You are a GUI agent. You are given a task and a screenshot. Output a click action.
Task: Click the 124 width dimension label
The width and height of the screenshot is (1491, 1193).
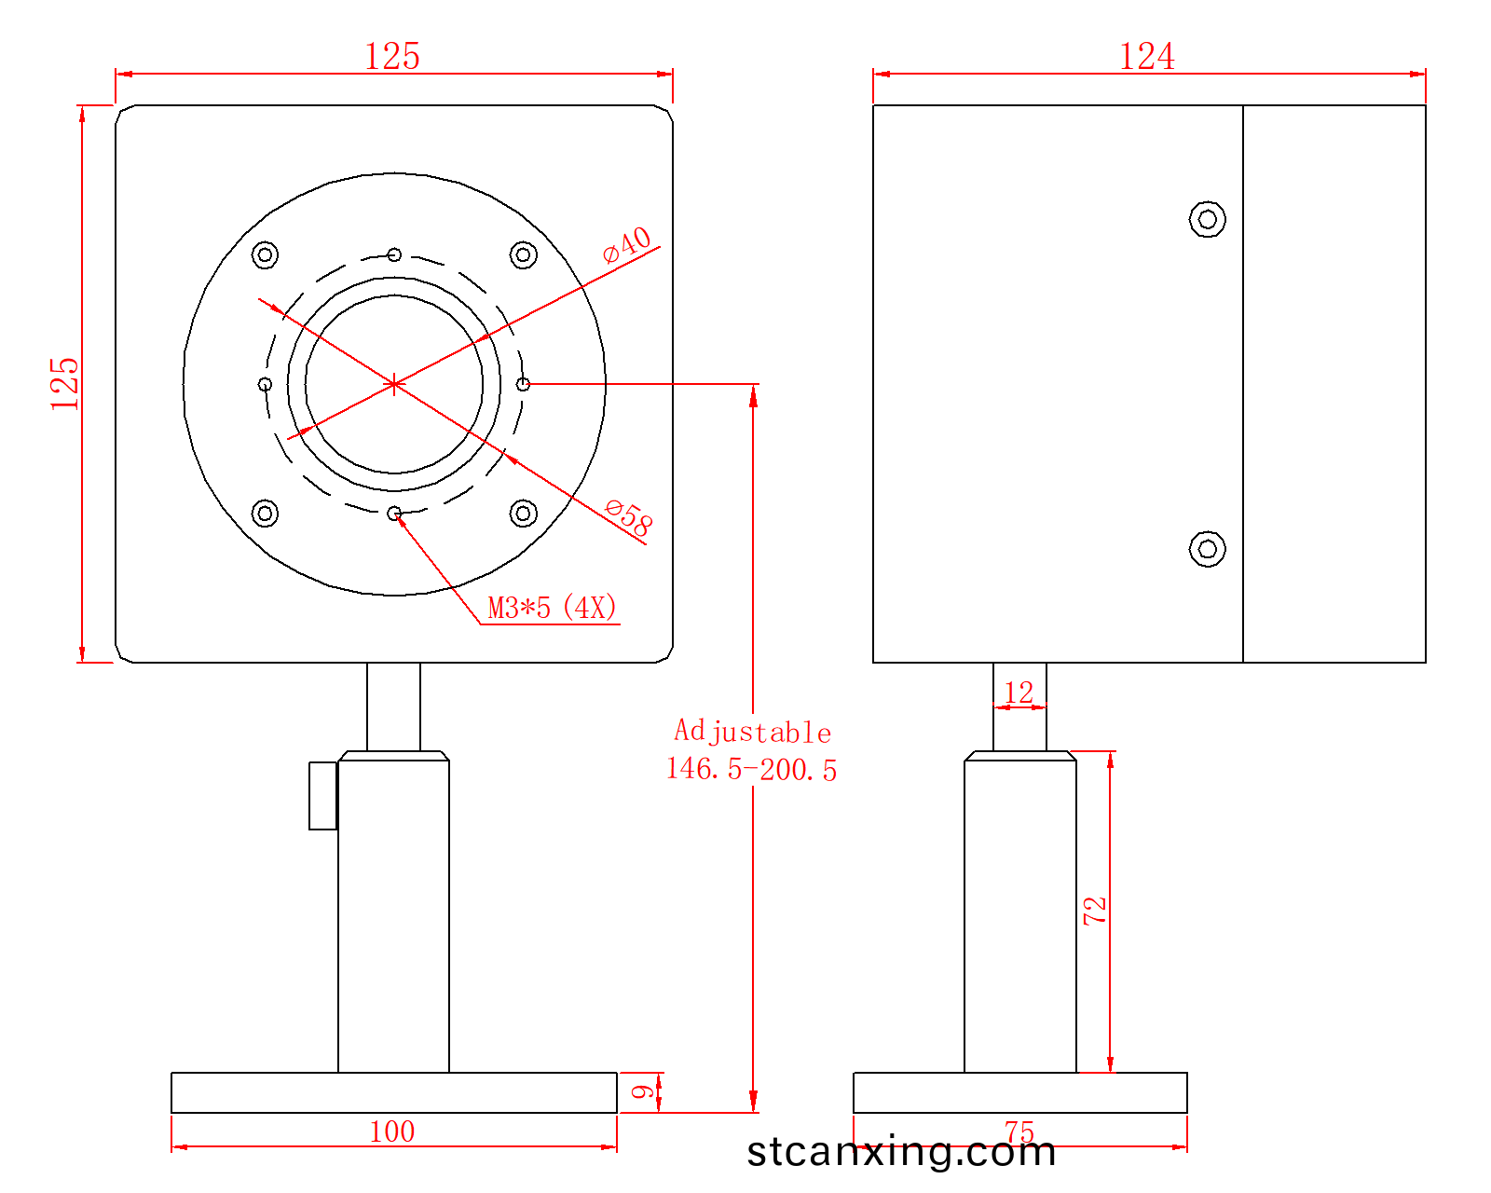point(1146,57)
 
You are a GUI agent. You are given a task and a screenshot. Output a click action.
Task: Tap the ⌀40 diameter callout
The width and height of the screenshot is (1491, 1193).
point(627,244)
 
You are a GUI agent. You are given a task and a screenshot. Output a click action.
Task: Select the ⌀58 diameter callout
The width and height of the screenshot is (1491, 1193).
point(629,517)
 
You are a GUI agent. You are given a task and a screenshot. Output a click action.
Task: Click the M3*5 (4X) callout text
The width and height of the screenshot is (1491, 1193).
point(552,609)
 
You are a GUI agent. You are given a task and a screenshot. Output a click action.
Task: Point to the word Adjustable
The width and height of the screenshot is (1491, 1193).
point(752,732)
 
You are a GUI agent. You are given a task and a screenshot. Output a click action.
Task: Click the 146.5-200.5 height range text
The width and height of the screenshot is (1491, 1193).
point(751,770)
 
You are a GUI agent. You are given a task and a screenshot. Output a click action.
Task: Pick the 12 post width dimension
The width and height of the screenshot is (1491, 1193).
point(1019,692)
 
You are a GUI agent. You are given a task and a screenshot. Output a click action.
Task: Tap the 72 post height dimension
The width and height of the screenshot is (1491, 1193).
point(1095,911)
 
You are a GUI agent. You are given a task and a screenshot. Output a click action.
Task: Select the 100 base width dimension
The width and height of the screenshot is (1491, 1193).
point(392,1131)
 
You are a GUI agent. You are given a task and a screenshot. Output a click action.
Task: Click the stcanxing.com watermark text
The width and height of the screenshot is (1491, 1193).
point(901,1152)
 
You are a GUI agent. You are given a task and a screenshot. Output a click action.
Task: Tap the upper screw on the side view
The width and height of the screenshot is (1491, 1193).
point(1207,219)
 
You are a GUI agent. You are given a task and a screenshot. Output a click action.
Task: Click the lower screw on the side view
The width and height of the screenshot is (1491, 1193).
point(1207,549)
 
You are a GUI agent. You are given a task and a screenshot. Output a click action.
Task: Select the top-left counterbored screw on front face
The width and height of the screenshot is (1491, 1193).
point(266,254)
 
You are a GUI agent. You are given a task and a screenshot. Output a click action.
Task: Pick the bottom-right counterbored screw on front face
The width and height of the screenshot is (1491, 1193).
point(524,513)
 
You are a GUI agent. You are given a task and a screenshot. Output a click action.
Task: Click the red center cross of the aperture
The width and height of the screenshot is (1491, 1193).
point(394,384)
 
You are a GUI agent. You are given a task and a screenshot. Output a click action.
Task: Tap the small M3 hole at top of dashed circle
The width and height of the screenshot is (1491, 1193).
point(394,254)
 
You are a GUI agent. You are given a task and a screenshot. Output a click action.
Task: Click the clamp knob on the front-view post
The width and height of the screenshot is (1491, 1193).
point(322,795)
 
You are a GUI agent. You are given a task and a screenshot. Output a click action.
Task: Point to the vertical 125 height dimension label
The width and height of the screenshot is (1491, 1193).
point(65,383)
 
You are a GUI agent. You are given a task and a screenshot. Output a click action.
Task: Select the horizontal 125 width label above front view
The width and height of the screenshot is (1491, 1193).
point(392,57)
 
